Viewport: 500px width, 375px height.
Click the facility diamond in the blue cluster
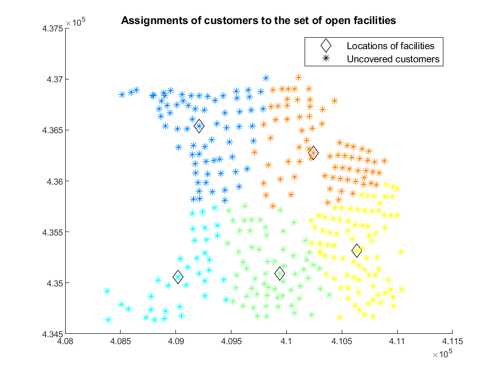pyautogui.click(x=199, y=126)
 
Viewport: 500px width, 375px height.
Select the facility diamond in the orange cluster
pyautogui.click(x=313, y=153)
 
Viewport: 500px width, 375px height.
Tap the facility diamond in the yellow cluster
pyautogui.click(x=357, y=250)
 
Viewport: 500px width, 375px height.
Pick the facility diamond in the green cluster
pyautogui.click(x=279, y=274)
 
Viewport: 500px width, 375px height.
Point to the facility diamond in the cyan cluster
pyautogui.click(x=178, y=277)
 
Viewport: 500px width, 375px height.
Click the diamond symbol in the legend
pyautogui.click(x=326, y=46)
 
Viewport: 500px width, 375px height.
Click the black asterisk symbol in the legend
pyautogui.click(x=326, y=58)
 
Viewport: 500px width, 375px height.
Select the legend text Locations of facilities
pyautogui.click(x=390, y=46)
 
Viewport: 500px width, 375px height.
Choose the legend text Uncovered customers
pyautogui.click(x=393, y=59)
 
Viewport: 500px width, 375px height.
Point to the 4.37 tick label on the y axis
pyautogui.click(x=55, y=79)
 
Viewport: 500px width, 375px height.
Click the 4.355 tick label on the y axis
pyautogui.click(x=53, y=232)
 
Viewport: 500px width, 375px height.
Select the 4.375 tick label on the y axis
pyautogui.click(x=53, y=29)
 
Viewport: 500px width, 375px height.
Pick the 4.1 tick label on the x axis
pyautogui.click(x=286, y=341)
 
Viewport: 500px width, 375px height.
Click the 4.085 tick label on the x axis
pyautogui.click(x=121, y=341)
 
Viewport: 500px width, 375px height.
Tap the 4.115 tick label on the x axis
pyautogui.click(x=452, y=341)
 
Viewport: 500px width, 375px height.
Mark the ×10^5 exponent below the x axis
pyautogui.click(x=442, y=354)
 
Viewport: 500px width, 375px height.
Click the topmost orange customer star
pyautogui.click(x=298, y=77)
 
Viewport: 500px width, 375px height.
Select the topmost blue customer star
pyautogui.click(x=266, y=78)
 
